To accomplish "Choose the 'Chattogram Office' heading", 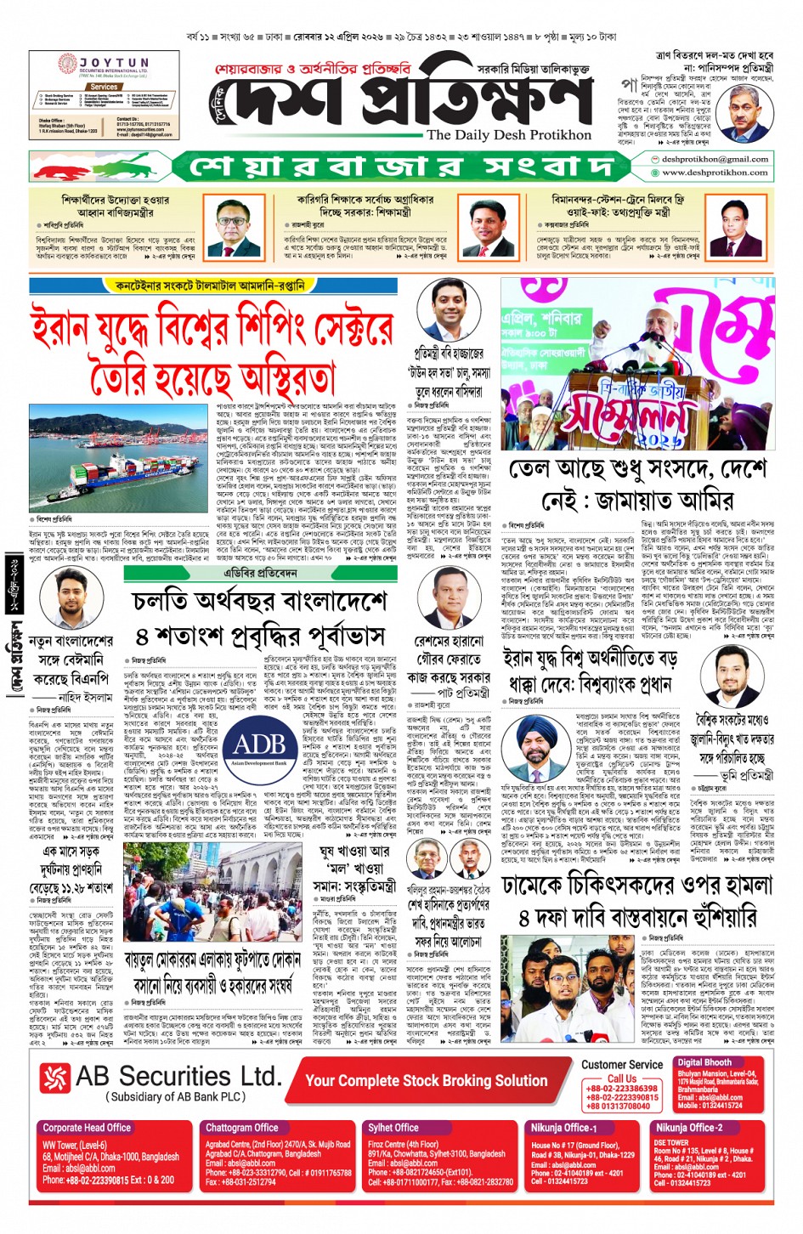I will pyautogui.click(x=242, y=1128).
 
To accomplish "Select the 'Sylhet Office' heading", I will pyautogui.click(x=393, y=1128).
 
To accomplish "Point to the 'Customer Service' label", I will pyautogui.click(x=621, y=1064).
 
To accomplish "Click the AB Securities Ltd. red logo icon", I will pyautogui.click(x=56, y=1078).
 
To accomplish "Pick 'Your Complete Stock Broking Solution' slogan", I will pyautogui.click(x=426, y=1080).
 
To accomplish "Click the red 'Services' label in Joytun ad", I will pyautogui.click(x=104, y=87).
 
